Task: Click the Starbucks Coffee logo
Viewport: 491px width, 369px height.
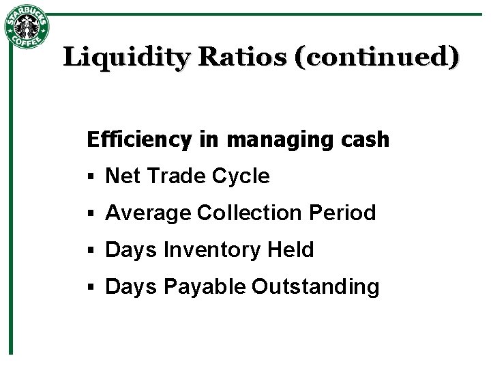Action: tap(27, 27)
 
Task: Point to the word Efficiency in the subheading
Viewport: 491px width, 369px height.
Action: tap(140, 140)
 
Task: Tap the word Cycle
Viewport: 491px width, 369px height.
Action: tap(241, 177)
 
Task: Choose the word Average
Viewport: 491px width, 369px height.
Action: tap(148, 213)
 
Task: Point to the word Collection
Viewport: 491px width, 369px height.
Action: tap(250, 213)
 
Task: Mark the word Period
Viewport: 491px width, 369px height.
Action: tap(342, 213)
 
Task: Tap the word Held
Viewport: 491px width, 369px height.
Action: tap(291, 250)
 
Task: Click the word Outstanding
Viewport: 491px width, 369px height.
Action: tap(315, 288)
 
